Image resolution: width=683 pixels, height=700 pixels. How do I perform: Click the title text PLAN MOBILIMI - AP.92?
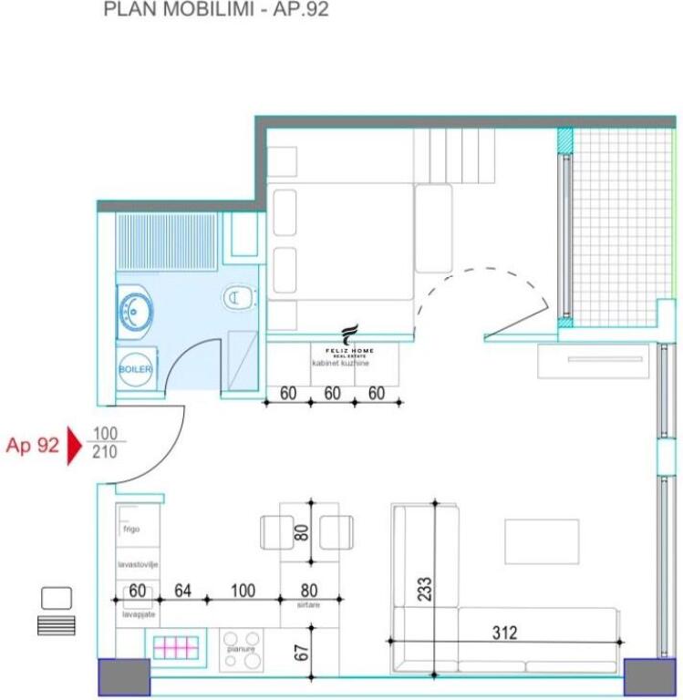tap(216, 11)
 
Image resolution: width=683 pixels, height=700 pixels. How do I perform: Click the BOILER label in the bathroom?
tap(135, 369)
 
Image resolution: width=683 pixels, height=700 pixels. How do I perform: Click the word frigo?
tap(129, 528)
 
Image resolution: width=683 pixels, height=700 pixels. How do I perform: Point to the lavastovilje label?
tap(138, 565)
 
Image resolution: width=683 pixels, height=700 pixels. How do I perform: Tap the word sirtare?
tap(309, 604)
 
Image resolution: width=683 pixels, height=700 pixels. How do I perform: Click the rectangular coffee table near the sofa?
tap(542, 541)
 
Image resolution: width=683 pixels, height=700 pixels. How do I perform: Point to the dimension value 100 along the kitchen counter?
tap(243, 591)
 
